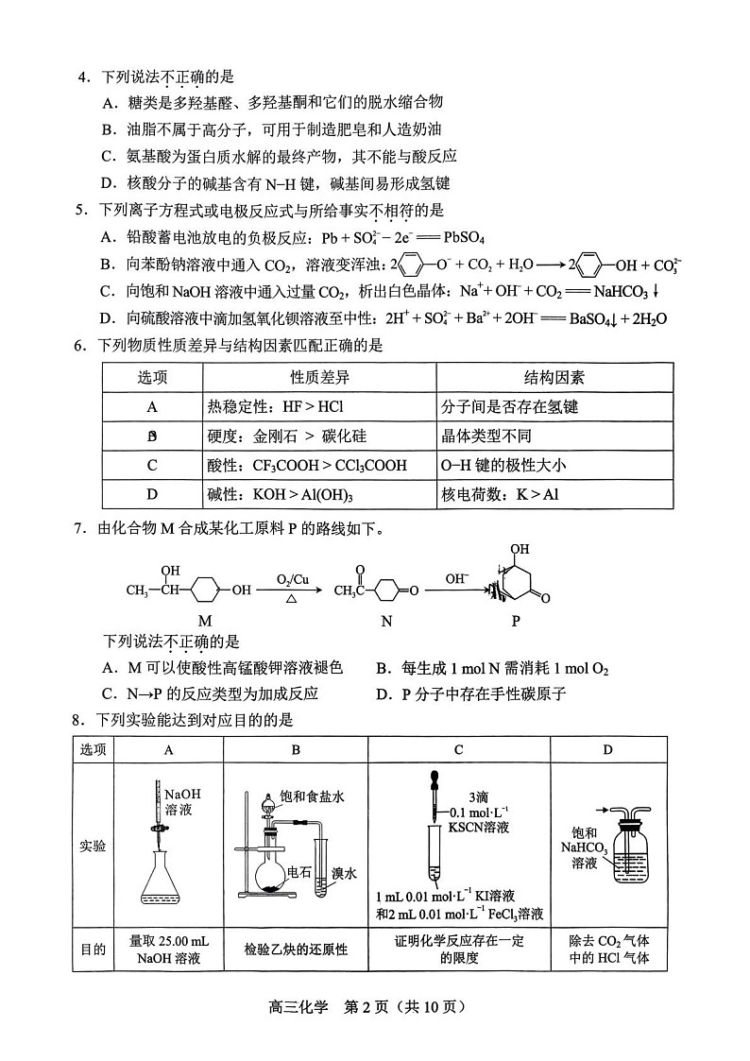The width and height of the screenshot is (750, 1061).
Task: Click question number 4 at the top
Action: pos(82,77)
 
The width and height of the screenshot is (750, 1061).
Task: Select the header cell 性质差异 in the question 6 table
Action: pos(319,378)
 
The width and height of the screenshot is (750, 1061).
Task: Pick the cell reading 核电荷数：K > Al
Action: pos(493,494)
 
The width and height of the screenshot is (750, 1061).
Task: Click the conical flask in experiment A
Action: pos(162,874)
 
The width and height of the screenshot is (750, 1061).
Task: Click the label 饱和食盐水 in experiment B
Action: pos(312,796)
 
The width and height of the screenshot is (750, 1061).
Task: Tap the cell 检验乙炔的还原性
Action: pos(296,950)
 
